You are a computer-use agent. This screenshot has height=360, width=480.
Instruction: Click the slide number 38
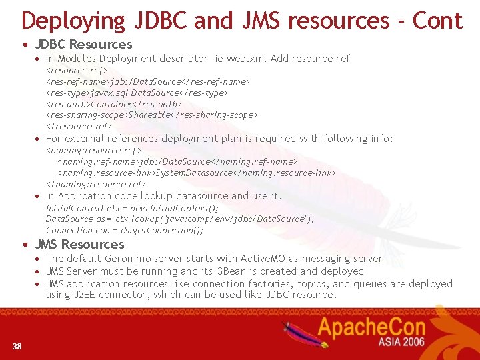click(17, 345)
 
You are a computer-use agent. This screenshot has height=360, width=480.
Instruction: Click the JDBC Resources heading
click(83, 45)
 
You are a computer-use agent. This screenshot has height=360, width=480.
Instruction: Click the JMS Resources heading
click(80, 244)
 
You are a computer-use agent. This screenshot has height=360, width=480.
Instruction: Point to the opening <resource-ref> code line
click(77, 70)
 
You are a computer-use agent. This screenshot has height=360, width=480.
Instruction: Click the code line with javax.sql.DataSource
click(137, 93)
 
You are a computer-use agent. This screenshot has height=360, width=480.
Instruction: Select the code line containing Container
click(113, 104)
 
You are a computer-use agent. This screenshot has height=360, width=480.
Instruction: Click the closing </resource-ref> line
click(79, 126)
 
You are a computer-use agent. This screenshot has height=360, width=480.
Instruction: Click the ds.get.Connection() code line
click(125, 230)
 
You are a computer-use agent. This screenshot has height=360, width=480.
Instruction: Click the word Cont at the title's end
click(437, 21)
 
